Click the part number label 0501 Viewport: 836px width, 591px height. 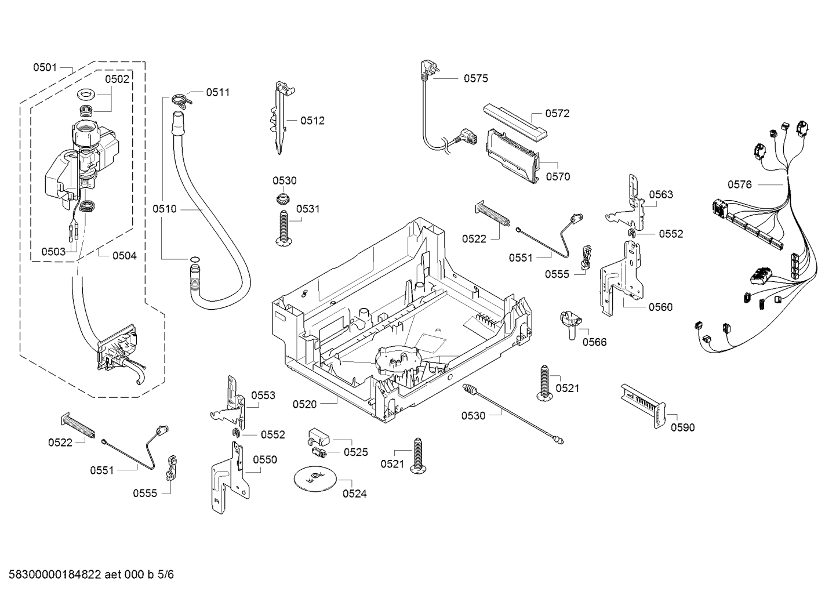pos(45,68)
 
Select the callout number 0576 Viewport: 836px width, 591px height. pos(739,184)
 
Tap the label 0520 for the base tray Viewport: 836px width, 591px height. pos(304,404)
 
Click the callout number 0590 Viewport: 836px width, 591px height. pos(682,427)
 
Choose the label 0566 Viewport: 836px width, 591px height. pos(594,342)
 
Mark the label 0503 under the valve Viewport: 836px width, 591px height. pos(53,252)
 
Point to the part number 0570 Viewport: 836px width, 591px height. pos(558,177)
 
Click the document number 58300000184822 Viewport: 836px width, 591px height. pos(53,575)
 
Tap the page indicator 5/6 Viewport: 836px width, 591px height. pos(165,575)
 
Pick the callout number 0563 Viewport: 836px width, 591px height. pos(661,194)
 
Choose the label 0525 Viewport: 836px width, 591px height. pos(355,452)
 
